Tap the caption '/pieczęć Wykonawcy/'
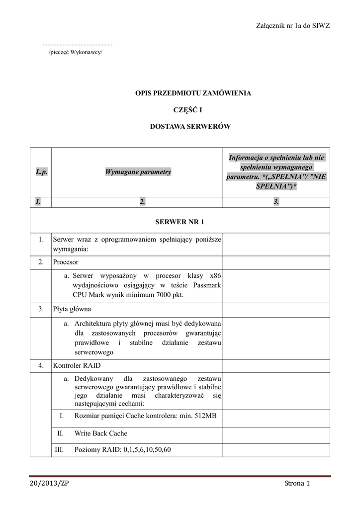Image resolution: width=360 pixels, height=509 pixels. click(75, 52)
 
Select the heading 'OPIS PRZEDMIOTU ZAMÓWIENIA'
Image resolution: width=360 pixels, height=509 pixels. click(190, 93)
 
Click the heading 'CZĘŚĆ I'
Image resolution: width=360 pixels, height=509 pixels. click(190, 110)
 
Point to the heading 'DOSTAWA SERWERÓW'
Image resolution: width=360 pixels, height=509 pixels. click(190, 127)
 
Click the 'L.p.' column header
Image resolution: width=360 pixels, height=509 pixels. click(41, 171)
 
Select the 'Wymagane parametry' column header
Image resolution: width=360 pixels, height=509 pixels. click(138, 171)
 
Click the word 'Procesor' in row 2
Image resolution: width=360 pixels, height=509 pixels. click(66, 261)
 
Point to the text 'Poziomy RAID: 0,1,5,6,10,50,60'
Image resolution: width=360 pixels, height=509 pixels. click(122, 450)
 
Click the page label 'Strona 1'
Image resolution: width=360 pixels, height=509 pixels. click(297, 484)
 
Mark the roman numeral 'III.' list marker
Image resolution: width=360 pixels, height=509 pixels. click(59, 450)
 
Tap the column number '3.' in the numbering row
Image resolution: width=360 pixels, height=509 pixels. click(276, 201)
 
